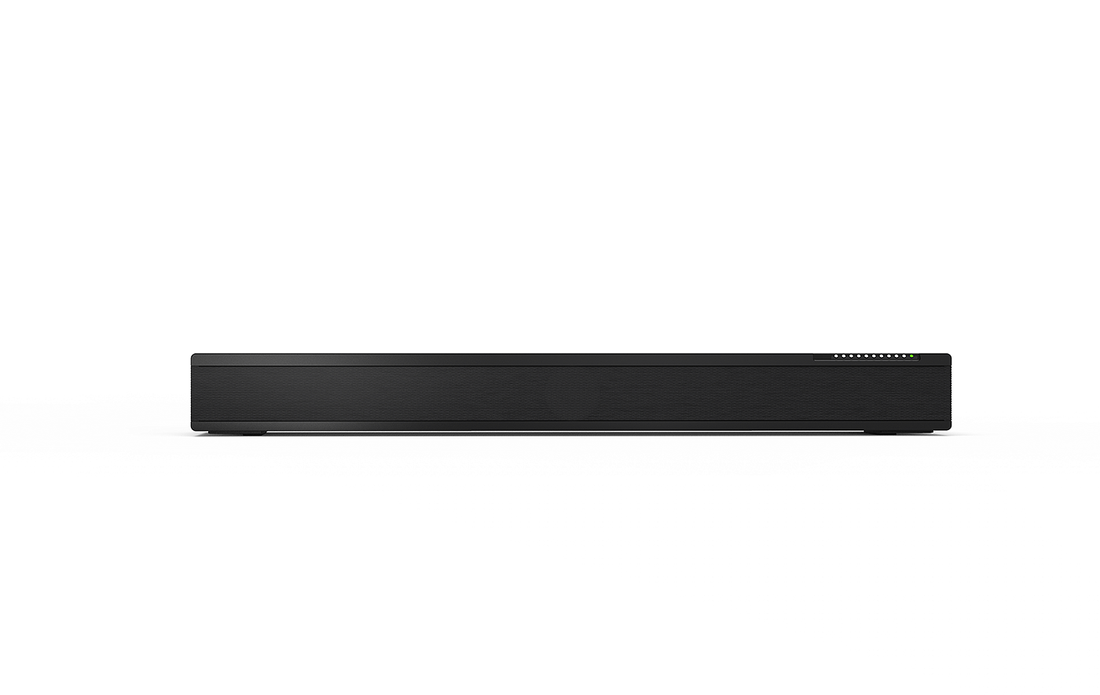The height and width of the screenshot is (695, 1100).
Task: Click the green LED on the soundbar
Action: click(911, 357)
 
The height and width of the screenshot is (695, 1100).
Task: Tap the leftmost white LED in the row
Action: click(835, 357)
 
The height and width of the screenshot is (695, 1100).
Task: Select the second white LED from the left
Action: click(843, 357)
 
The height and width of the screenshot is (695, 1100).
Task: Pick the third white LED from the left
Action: click(850, 357)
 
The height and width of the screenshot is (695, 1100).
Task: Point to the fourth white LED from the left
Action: click(858, 357)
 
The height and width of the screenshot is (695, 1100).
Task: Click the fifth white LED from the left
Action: click(865, 357)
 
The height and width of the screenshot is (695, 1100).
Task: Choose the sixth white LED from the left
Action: click(873, 357)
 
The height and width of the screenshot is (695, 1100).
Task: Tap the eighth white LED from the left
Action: click(888, 357)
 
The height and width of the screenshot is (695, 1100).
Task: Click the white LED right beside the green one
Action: click(903, 357)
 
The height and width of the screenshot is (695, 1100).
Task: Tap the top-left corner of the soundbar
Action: click(192, 355)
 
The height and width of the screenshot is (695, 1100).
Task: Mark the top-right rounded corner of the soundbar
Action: click(949, 355)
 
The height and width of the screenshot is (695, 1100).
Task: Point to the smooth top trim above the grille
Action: click(503, 359)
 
